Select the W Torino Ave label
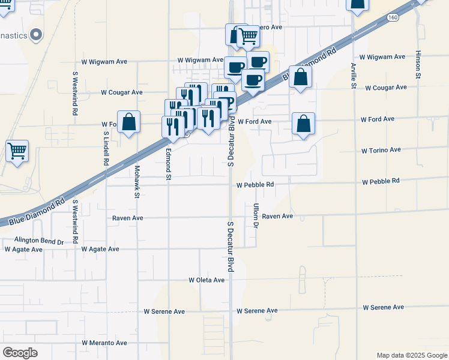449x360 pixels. tap(381, 150)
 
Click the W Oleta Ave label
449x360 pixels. tap(206, 280)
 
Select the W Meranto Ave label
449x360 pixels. tap(104, 343)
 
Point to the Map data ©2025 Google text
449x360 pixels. tap(411, 355)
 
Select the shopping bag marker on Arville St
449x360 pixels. tap(357, 5)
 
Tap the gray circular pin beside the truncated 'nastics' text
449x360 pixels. tap(36, 34)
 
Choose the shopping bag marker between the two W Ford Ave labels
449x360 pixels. tap(304, 124)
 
